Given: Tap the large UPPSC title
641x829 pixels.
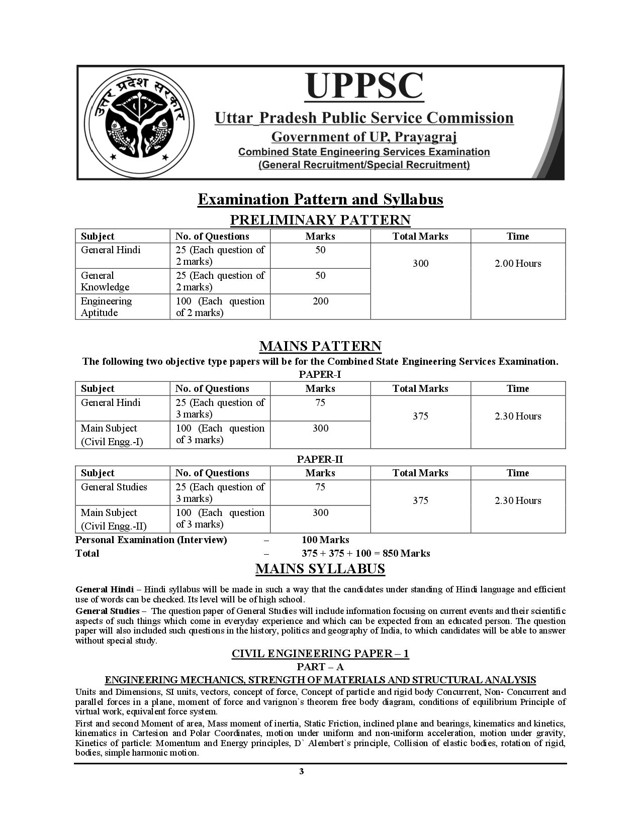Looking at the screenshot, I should click(364, 86).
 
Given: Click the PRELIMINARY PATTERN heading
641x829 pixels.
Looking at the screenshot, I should click(320, 220).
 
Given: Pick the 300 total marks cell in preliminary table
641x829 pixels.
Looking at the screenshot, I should click(420, 264).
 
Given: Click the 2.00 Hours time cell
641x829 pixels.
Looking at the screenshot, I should click(518, 264).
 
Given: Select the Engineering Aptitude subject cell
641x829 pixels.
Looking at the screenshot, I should click(107, 306).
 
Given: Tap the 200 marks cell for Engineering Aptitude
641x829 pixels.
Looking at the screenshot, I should click(320, 301).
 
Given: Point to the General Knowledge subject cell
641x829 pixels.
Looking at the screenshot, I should click(105, 281).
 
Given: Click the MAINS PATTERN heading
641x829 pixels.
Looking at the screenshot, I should click(320, 346).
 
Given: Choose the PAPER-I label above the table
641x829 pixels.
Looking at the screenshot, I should click(320, 374).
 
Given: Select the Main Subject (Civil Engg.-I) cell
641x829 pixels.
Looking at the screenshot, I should click(112, 435).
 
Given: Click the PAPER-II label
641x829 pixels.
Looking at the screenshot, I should click(320, 459).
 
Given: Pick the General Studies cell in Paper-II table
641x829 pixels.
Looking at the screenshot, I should click(114, 487).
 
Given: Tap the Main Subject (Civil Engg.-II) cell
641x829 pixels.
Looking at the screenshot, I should click(114, 519).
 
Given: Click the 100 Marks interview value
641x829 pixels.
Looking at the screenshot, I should click(325, 540).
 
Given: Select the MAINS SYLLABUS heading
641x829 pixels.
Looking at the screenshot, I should click(320, 569).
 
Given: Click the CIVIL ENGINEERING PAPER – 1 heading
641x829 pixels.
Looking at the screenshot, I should click(320, 653).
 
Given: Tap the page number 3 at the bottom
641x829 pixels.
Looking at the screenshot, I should click(301, 772).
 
